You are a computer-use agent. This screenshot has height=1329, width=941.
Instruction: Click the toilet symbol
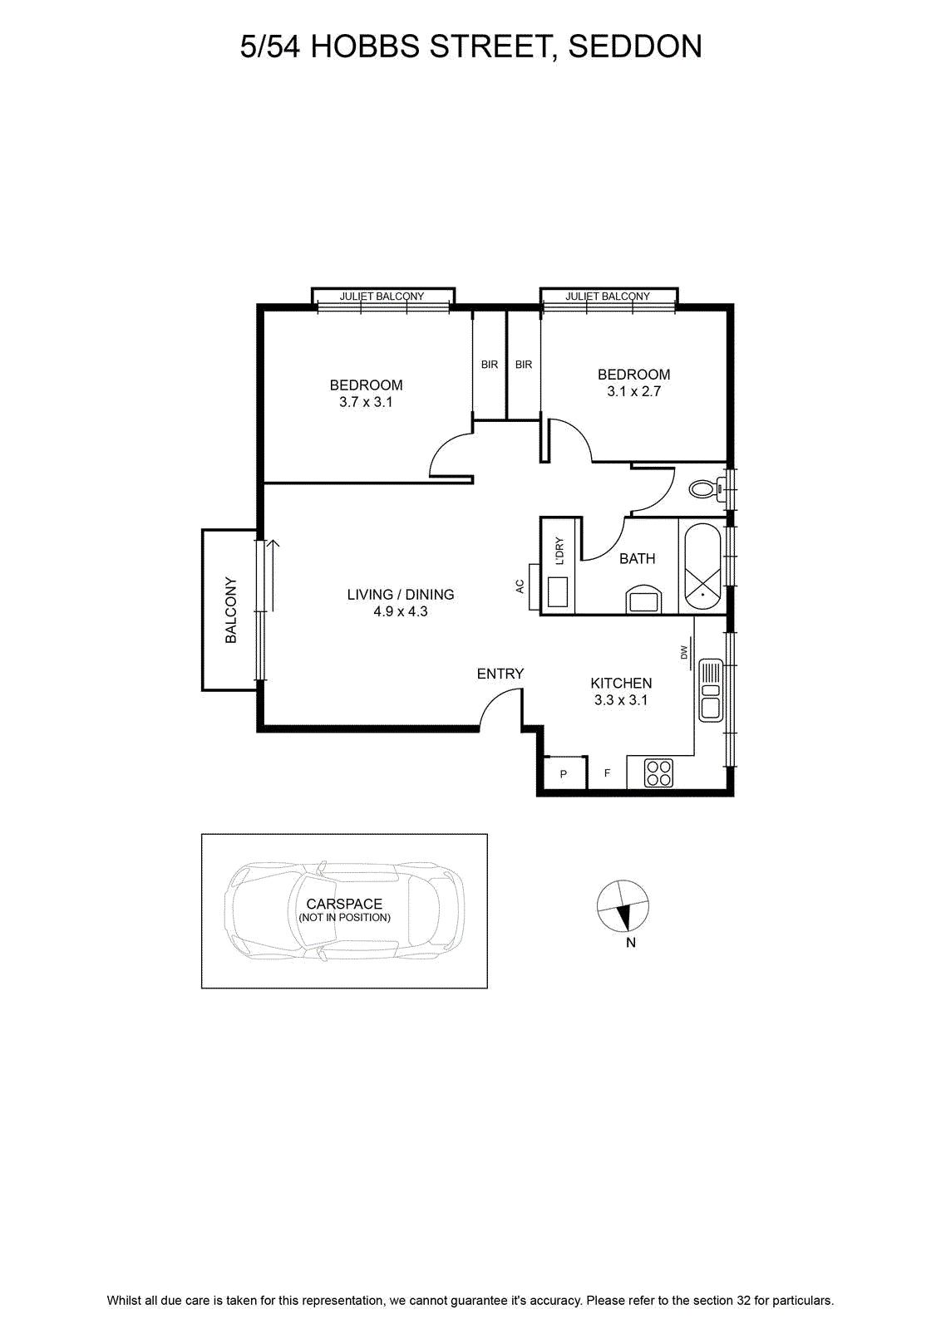(x=707, y=489)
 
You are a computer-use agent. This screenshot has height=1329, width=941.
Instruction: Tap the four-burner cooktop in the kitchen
(x=658, y=772)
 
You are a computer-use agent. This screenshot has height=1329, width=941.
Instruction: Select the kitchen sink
(x=711, y=690)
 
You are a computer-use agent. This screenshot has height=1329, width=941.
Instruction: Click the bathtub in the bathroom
(x=702, y=567)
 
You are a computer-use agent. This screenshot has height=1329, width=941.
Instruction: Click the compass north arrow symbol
(x=623, y=906)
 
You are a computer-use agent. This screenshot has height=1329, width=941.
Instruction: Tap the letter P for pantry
(x=564, y=773)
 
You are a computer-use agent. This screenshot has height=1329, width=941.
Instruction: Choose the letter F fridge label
(x=608, y=773)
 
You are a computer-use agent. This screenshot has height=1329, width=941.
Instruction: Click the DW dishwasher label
(x=683, y=653)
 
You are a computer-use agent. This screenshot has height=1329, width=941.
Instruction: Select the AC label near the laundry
(x=520, y=586)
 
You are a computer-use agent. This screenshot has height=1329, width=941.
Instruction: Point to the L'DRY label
(x=559, y=552)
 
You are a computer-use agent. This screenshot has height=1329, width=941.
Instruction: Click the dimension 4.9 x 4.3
(x=401, y=611)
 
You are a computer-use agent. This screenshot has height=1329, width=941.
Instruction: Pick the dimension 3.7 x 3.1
(x=366, y=402)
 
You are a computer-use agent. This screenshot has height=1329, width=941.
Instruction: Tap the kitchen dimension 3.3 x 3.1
(x=621, y=700)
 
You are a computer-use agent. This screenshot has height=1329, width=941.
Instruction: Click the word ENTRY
(x=500, y=674)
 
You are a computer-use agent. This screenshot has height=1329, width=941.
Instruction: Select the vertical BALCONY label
(x=231, y=610)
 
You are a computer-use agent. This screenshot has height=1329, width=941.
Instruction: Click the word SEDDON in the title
(x=635, y=47)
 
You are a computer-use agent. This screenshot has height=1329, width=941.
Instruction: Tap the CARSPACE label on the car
(x=344, y=904)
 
